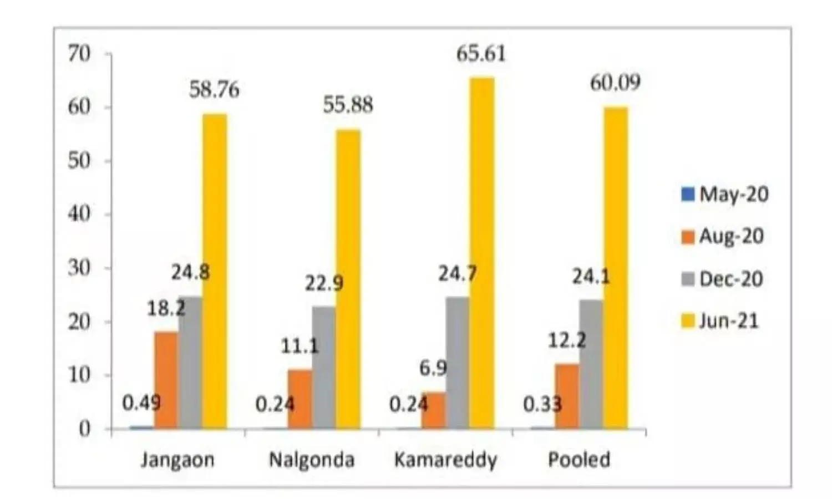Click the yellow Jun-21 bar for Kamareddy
point(482,253)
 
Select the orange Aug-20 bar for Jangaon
point(166,380)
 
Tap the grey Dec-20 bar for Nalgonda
point(324,368)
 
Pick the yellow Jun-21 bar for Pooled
point(616,268)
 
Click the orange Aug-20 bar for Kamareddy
point(433,410)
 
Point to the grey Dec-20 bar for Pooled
point(591,364)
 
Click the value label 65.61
point(481,54)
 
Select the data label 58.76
point(214,90)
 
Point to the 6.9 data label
point(433,368)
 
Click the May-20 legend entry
point(724,195)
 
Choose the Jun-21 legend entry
point(719,321)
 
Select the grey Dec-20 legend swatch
point(688,279)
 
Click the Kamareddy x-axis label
point(445,460)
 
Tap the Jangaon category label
point(177,460)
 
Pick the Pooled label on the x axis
point(579,460)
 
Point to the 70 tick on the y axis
point(79,54)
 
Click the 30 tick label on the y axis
point(79,268)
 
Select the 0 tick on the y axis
point(84,429)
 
